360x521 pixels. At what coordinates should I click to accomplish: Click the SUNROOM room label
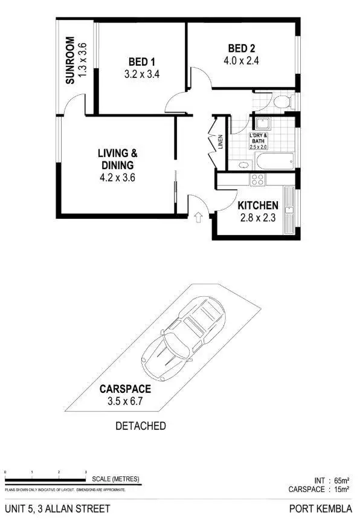[70, 60]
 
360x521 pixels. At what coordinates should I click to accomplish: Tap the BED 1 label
[142, 62]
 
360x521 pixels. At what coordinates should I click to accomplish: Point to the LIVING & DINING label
[117, 159]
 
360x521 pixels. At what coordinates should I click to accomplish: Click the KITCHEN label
[258, 205]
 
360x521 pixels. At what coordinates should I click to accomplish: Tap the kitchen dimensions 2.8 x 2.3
[258, 218]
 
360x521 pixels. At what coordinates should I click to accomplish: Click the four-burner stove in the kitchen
[258, 179]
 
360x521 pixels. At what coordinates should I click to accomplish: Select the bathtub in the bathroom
[275, 161]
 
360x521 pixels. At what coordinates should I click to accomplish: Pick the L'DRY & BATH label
[259, 141]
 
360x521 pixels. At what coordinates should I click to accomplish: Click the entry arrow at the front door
[199, 216]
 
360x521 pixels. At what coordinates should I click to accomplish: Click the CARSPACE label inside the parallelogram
[126, 389]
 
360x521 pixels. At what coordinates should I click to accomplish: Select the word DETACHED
[140, 426]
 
